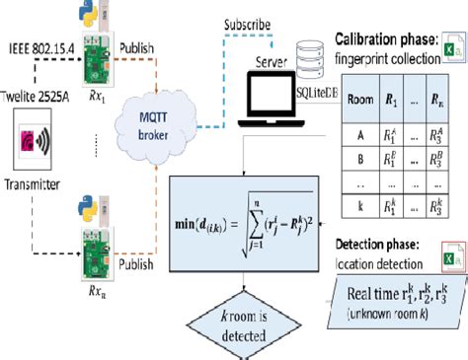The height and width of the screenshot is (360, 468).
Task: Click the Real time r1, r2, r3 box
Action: pos(397,292)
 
